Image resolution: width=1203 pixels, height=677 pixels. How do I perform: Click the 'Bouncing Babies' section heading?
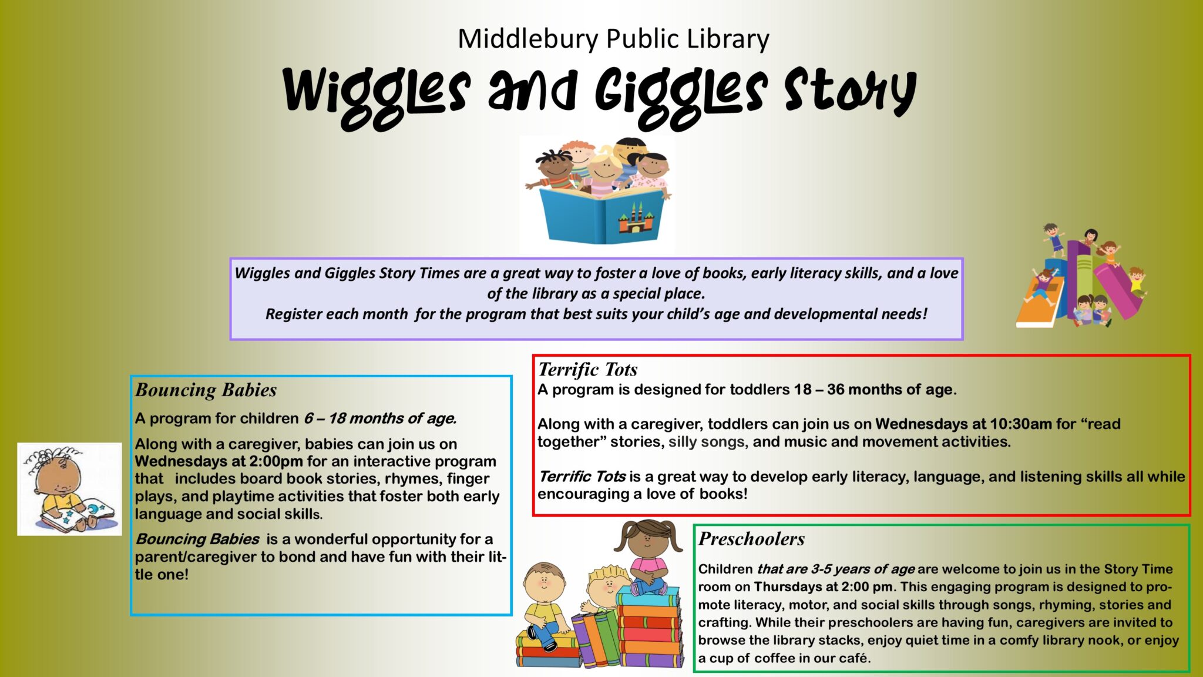point(206,390)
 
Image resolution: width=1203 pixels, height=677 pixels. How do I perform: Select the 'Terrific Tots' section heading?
point(587,369)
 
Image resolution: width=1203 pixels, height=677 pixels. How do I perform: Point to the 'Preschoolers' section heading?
point(751,538)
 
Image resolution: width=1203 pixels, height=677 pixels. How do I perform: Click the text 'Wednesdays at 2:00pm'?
point(219,461)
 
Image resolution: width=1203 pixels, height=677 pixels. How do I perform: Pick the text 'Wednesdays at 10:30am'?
point(963,424)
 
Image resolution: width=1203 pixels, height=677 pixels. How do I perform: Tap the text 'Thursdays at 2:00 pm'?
point(823,586)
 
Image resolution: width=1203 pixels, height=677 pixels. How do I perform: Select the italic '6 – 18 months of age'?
point(379,418)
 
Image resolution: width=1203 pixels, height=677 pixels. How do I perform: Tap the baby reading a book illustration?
point(69,489)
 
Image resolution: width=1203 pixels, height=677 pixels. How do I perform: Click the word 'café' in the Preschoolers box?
point(853,658)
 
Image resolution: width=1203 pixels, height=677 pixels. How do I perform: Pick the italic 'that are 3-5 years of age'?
point(836,569)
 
